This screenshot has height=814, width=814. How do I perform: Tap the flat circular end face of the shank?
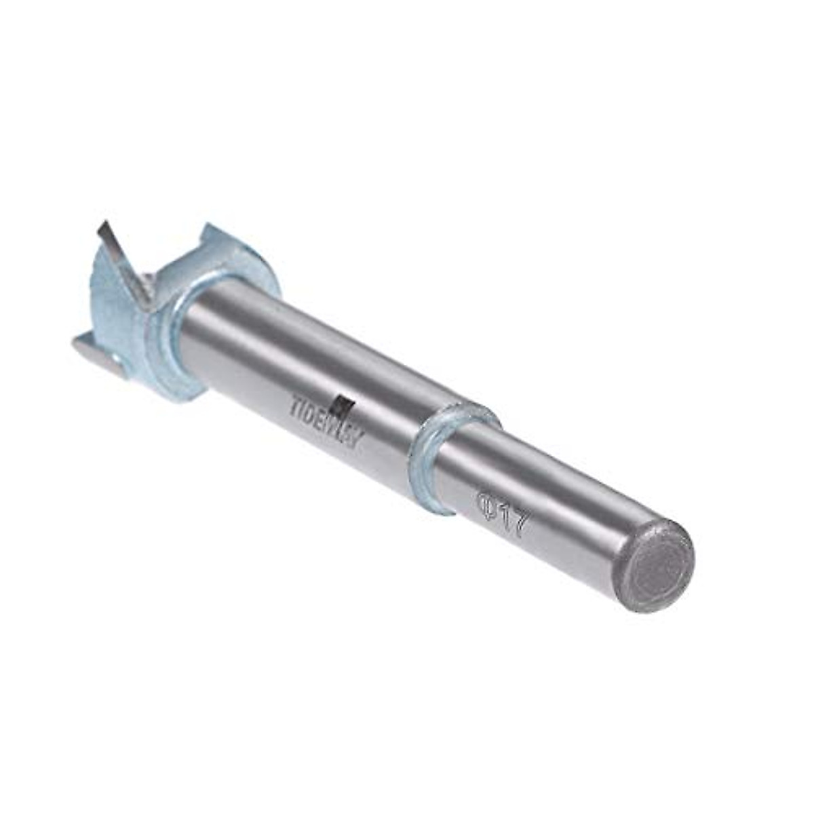point(657,566)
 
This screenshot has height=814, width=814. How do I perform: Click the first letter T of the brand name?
point(296,406)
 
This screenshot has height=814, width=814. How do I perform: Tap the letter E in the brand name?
point(323,423)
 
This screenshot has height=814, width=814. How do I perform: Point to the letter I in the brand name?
point(305,410)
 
